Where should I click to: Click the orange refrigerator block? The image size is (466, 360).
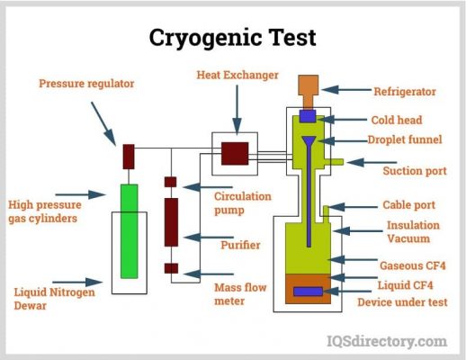point(308,91)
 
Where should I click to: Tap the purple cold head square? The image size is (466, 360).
point(308,116)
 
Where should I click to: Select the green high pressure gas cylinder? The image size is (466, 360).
point(130,231)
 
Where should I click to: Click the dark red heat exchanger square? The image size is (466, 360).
point(235,154)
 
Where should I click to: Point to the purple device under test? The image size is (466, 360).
point(308,292)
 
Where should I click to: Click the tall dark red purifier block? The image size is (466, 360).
point(171,222)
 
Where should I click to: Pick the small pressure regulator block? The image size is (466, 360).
point(129,157)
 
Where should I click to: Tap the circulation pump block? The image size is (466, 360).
point(170,182)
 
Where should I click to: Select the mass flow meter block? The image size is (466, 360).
point(171,268)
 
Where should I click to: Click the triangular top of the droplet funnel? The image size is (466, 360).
point(309,140)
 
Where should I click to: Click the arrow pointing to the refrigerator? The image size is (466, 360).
point(346,90)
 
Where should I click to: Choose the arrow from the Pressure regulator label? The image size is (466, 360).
point(103,123)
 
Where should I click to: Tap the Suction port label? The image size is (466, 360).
point(415,171)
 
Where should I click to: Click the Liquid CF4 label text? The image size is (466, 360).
point(405,285)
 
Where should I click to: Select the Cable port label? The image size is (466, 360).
point(408,205)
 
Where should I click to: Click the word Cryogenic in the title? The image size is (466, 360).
point(205,38)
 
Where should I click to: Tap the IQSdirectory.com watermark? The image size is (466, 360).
point(387,341)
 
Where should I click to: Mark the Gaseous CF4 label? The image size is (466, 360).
point(413,265)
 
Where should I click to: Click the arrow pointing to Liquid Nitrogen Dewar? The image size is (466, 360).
point(77,283)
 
